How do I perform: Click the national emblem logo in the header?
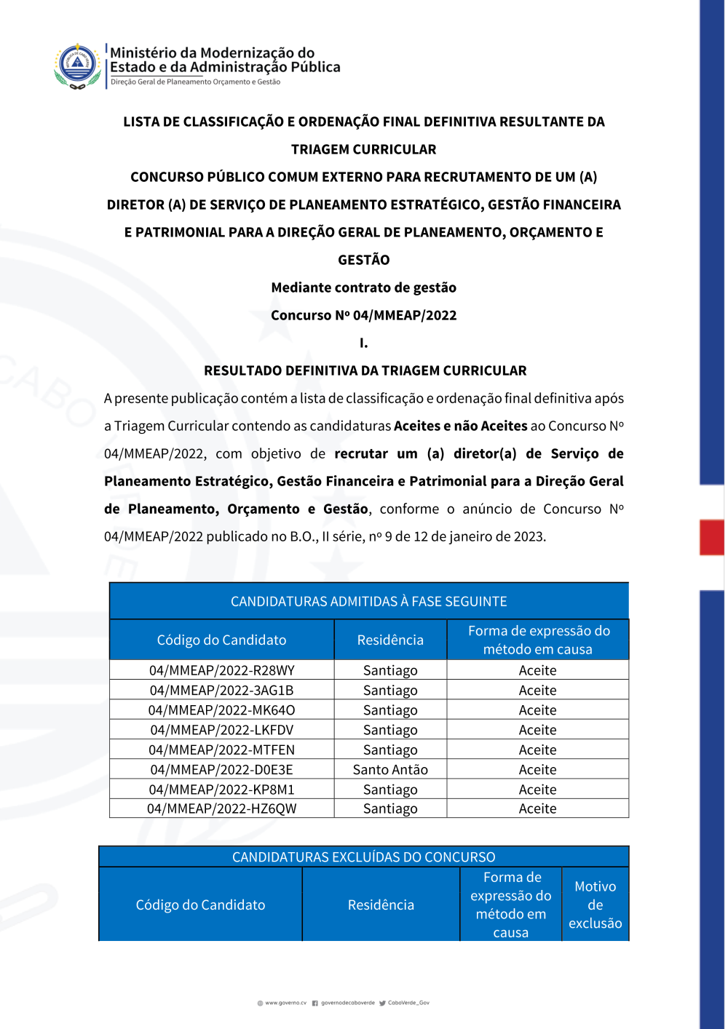pos(77,65)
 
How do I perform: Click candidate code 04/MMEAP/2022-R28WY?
pos(221,670)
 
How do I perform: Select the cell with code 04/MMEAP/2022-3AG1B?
pos(221,690)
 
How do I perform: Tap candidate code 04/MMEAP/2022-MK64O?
pos(221,710)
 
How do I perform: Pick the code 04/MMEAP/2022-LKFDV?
pos(221,730)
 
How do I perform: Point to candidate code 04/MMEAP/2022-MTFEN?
pos(221,750)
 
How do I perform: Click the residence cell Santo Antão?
pos(390,769)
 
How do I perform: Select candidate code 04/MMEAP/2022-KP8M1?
pos(221,790)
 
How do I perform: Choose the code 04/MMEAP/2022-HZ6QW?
pos(221,808)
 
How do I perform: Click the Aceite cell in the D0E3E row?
pos(537,769)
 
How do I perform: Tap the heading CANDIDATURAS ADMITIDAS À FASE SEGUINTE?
pos(368,602)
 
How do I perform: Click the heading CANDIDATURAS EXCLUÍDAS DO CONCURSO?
pos(363,857)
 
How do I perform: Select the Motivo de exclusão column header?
pos(595,905)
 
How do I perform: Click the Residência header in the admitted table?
pos(390,640)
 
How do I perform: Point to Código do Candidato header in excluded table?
pos(200,905)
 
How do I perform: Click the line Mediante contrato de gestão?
pos(363,287)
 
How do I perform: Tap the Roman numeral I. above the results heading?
pos(363,343)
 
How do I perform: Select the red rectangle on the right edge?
pos(711,537)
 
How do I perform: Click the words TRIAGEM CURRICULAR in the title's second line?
pos(363,149)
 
